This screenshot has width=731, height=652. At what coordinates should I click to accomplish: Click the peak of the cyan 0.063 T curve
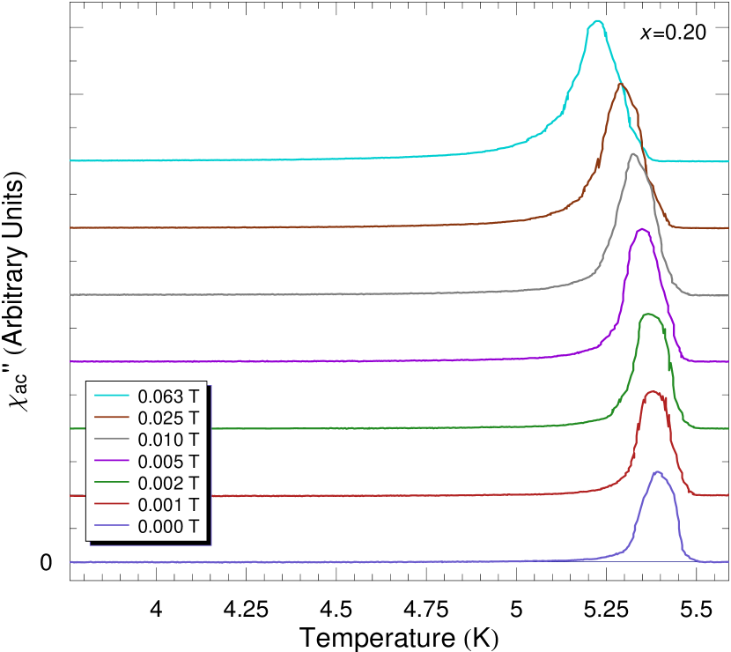coord(598,20)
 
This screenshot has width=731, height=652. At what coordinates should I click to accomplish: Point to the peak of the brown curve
coord(621,84)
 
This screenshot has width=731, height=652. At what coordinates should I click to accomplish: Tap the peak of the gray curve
coord(632,153)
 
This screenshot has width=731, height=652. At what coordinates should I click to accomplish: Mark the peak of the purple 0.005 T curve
coord(643,229)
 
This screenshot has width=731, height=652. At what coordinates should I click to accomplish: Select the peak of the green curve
coord(649,314)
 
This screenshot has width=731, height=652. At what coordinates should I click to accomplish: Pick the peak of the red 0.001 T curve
coord(653,392)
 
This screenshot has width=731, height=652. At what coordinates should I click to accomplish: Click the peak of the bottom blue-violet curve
coord(656,471)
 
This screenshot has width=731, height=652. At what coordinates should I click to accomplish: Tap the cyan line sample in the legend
coord(112,395)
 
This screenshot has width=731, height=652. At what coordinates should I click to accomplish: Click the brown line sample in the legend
coord(112,417)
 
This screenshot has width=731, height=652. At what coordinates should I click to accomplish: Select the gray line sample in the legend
coord(112,439)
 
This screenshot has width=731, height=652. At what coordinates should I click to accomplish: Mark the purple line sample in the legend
coord(112,461)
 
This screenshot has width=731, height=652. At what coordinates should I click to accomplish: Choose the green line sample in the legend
coord(112,483)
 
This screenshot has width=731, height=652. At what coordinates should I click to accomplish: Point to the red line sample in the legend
coord(112,505)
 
